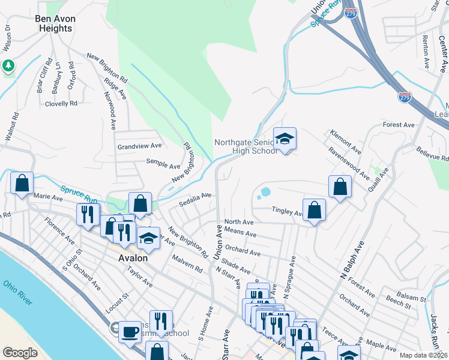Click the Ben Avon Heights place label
point(56,23)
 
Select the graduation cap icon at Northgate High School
point(285,139)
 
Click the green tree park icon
point(8,65)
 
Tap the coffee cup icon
point(129,331)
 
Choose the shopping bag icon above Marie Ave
point(22,182)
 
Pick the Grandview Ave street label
point(139,146)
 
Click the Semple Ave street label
point(163,163)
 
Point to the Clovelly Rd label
point(61,103)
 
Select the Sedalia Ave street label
point(196,199)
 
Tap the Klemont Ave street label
point(345,139)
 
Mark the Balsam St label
point(414,299)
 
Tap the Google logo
point(20,352)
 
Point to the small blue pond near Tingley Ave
point(265,193)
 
